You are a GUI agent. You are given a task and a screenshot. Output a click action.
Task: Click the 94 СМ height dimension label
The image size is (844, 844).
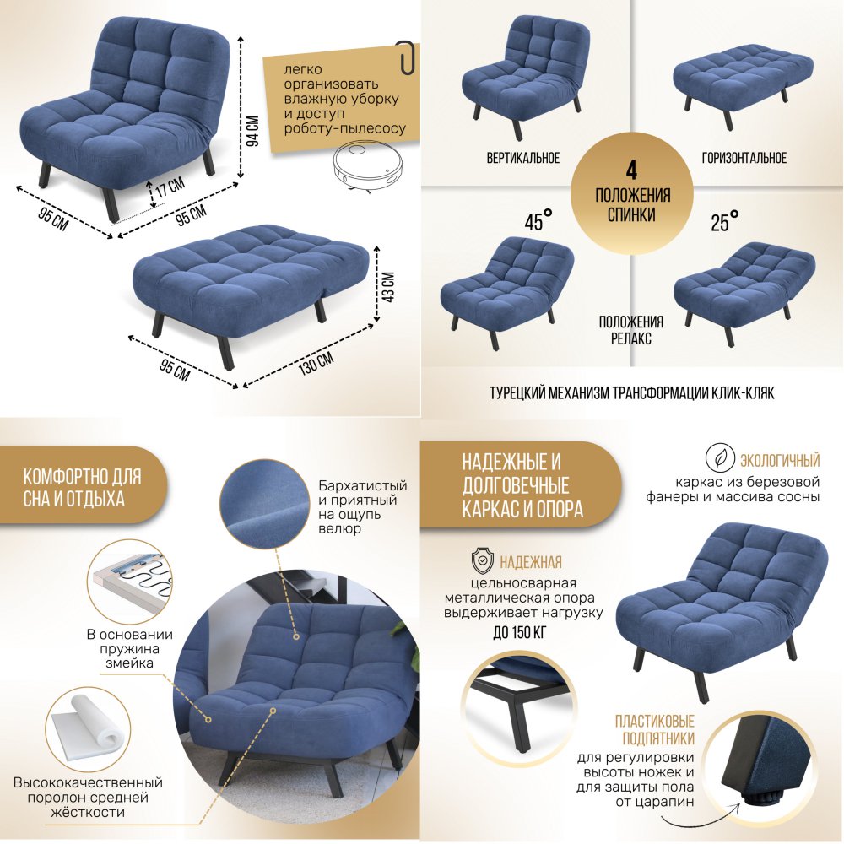click(252, 130)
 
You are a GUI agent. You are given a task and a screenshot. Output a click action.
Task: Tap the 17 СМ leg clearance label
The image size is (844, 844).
click(170, 187)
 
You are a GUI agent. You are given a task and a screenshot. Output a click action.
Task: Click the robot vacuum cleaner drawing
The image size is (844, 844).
click(370, 166)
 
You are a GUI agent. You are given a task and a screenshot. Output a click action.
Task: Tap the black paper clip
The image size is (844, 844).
click(407, 57)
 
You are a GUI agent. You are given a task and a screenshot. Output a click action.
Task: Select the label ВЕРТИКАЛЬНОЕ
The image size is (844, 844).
click(522, 158)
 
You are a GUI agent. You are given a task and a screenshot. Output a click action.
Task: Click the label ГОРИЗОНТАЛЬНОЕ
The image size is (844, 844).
click(744, 158)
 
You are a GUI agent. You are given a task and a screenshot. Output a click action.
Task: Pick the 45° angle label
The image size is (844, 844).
click(538, 220)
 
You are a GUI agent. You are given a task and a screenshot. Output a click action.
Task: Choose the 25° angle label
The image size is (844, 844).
click(724, 220)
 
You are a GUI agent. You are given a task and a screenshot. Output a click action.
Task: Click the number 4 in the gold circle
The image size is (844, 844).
click(631, 170)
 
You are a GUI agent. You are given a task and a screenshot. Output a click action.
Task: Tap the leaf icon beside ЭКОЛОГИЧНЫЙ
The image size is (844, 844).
click(720, 459)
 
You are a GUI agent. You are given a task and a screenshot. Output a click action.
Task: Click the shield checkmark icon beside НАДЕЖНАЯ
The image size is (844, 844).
click(482, 561)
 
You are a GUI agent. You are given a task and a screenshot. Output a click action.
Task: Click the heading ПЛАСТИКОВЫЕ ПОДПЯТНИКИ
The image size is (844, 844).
click(655, 729)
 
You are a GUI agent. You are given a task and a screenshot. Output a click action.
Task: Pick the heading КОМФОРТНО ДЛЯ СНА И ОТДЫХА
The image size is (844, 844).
click(82, 488)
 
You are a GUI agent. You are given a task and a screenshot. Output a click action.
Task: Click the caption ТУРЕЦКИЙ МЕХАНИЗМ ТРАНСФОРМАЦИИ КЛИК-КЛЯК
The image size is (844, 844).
click(632, 393)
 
